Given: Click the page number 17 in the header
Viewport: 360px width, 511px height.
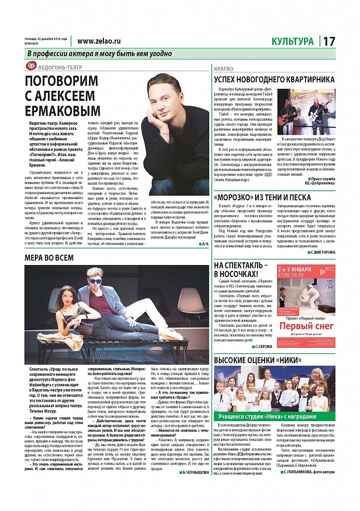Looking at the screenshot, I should point(329,42).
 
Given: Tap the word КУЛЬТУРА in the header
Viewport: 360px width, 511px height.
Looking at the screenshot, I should point(293,42).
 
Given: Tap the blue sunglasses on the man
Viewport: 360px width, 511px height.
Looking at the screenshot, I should point(95,281).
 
